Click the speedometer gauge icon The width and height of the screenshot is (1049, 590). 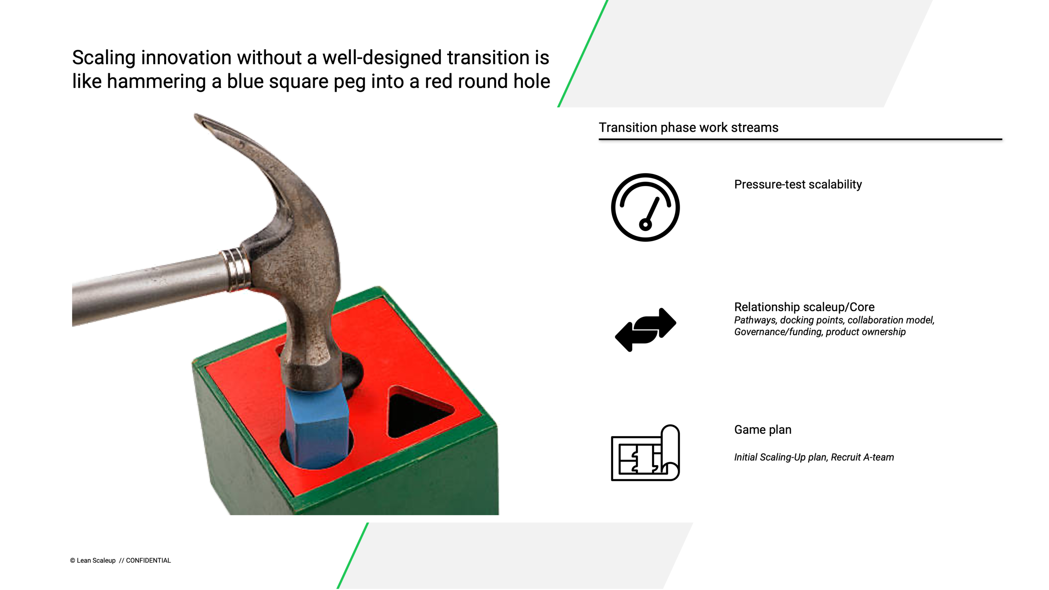[x=645, y=207]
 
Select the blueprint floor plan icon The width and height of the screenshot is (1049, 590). [x=645, y=453]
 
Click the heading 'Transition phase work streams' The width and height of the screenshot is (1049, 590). [x=688, y=128]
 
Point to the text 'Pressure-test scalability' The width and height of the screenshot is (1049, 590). [x=798, y=185]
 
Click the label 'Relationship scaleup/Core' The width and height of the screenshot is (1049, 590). [x=804, y=307]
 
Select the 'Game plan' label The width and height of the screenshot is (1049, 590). [x=763, y=430]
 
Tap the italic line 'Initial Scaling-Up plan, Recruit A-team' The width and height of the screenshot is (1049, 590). [x=814, y=457]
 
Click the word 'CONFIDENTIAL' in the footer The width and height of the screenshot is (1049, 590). [x=148, y=560]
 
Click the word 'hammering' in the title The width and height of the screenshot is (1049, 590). [x=157, y=81]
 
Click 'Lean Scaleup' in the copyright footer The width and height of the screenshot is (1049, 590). [x=96, y=560]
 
